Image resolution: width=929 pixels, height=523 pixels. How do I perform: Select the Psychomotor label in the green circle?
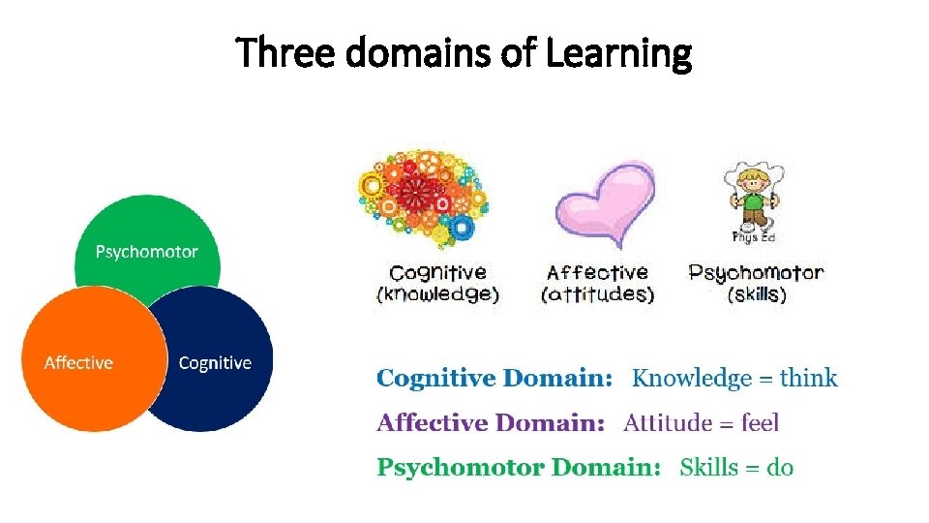click(147, 252)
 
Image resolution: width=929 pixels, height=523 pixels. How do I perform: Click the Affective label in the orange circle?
click(78, 363)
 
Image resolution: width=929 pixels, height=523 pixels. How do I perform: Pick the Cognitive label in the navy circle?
click(215, 363)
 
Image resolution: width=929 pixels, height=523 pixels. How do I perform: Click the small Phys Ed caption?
click(754, 237)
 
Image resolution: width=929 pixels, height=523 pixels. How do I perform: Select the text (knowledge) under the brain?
click(437, 294)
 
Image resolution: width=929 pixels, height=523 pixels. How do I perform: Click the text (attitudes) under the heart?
click(598, 294)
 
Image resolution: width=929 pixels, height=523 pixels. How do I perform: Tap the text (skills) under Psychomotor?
click(756, 294)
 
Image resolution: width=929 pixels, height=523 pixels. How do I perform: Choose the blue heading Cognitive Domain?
click(494, 379)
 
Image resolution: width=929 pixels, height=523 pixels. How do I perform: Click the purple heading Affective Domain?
click(491, 423)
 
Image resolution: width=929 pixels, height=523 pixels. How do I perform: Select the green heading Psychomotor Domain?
click(519, 469)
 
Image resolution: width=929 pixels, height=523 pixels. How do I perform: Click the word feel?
click(760, 423)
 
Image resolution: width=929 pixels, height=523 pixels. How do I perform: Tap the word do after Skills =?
click(780, 469)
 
